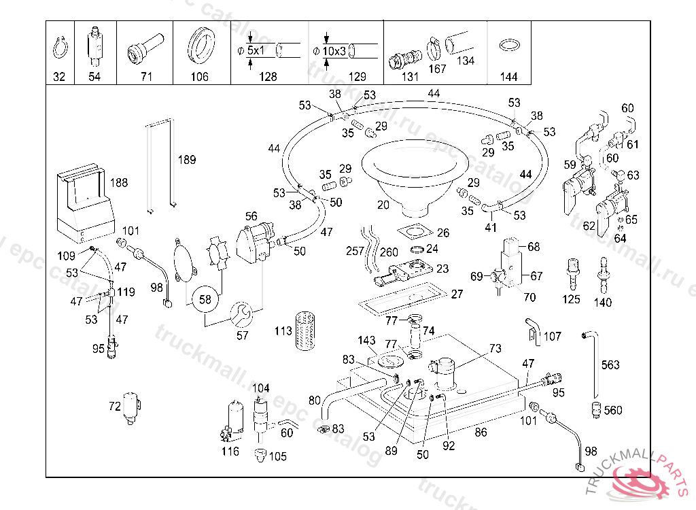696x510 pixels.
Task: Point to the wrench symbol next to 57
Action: pos(242,313)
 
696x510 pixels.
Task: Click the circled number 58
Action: pos(205,299)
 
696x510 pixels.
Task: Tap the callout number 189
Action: pos(187,160)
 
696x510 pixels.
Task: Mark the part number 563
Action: pos(610,365)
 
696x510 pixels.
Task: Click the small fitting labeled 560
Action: pos(596,409)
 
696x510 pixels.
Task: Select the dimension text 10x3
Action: pos(334,51)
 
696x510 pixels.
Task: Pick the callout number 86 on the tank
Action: pos(481,431)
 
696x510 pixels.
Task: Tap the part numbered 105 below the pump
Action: pos(260,454)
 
